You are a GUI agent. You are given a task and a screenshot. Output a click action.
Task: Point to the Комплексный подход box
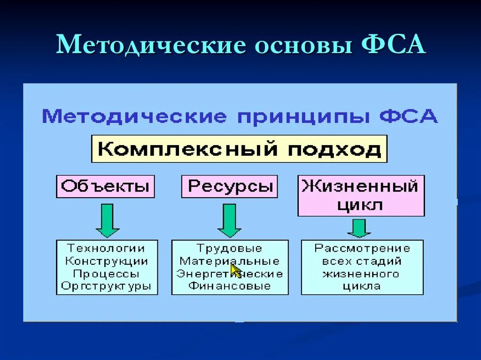pos(239,149)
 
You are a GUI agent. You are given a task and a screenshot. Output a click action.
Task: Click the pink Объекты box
pos(105,186)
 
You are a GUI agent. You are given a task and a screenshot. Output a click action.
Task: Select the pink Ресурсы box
pos(230,186)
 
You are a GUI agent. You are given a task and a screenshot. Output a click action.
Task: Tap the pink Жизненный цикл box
pos(361,195)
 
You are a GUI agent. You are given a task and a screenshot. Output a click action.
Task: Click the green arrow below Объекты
pos(108,220)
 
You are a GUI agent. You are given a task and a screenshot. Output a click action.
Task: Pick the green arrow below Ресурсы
pos(229,220)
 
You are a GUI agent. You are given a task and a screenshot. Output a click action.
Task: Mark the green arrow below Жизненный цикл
pos(359,228)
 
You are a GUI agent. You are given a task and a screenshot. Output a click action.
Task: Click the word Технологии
pos(107,248)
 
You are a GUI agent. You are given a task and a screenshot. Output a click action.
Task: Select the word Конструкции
pos(107,261)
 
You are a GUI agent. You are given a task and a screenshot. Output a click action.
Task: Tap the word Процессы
pos(107,273)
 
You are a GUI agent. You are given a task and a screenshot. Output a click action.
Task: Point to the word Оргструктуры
pos(107,286)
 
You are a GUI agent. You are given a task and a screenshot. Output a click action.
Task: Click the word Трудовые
pos(229,248)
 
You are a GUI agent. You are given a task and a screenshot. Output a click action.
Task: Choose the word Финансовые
pos(229,286)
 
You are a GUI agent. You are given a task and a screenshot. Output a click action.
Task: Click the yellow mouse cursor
pos(235,271)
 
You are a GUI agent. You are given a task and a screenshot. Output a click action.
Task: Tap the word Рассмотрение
pos(362,248)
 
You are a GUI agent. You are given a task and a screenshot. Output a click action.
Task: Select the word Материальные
pos(229,261)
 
